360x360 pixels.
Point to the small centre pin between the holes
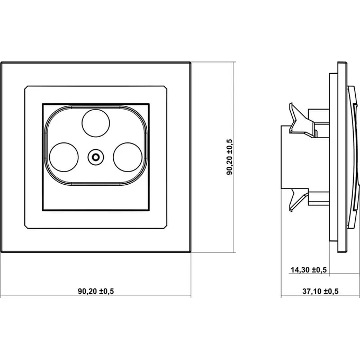coord(95,157)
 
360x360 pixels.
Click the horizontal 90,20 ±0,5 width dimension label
coord(96,291)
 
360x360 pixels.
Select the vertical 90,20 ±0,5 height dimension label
coord(229,157)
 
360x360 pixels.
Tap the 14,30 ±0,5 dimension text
coord(309,270)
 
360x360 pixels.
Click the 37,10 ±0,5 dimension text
coord(320,291)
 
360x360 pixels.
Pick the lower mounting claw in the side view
coord(299,200)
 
